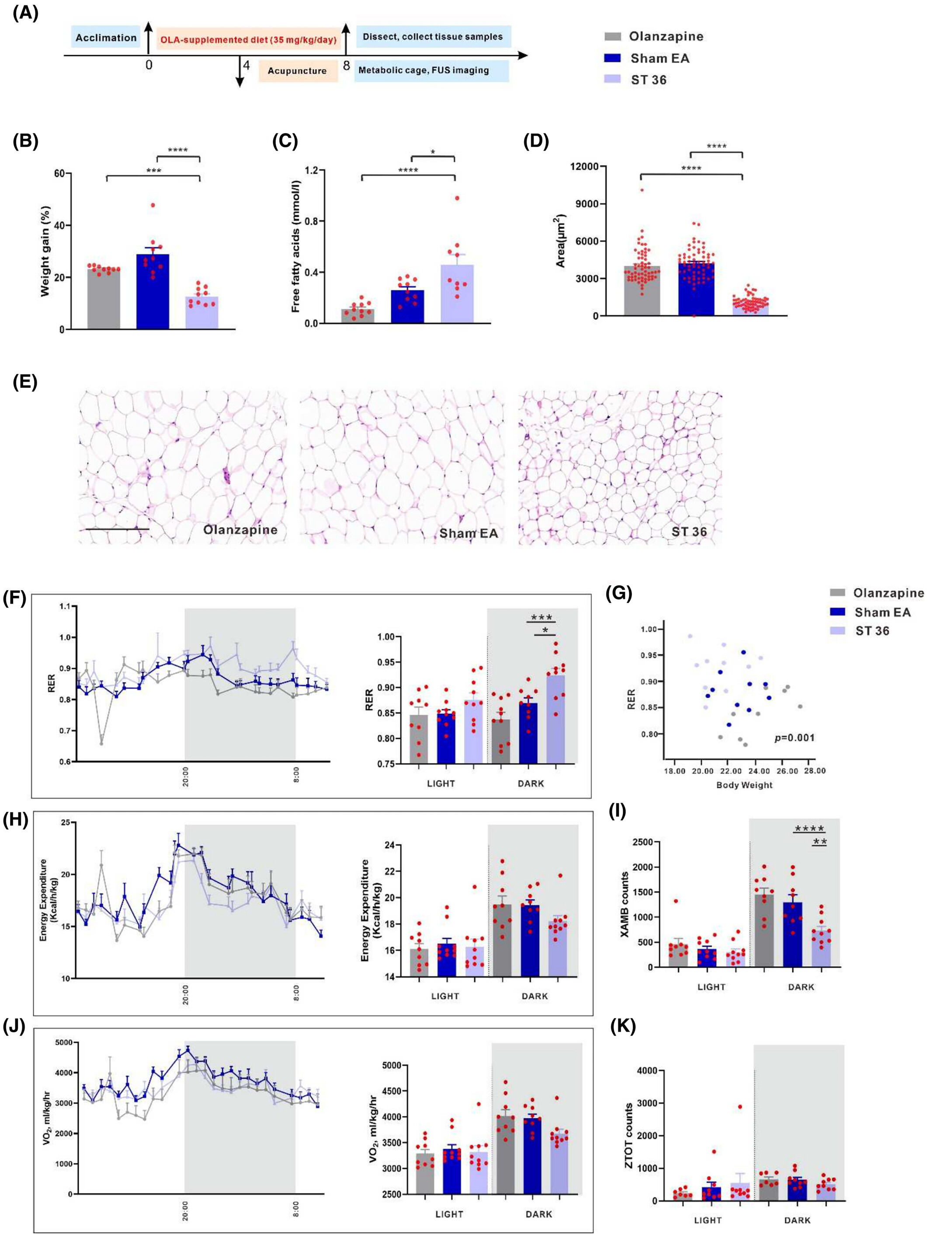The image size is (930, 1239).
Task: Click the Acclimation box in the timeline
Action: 106,38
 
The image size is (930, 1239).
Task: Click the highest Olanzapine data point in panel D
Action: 642,190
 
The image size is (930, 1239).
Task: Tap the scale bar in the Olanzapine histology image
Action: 118,528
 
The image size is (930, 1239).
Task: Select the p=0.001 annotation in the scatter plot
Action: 795,738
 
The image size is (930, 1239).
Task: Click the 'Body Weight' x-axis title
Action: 744,785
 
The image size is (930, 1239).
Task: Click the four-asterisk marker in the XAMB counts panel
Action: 809,828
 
